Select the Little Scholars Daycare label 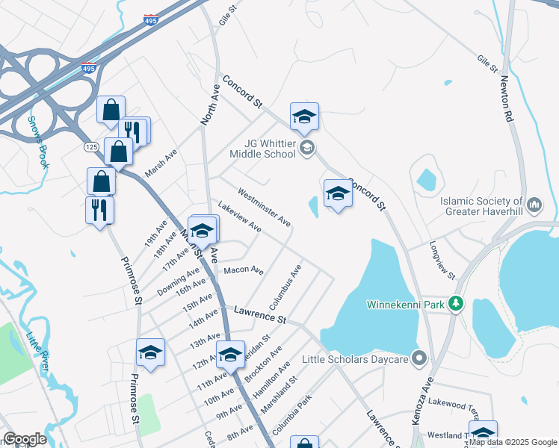(x=356, y=359)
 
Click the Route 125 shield (x=91, y=148)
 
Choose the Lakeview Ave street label (x=239, y=215)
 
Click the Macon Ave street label (x=244, y=270)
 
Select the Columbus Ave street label (x=285, y=288)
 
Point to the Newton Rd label (x=507, y=99)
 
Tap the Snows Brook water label (x=38, y=142)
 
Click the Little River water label (x=37, y=351)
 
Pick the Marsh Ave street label (x=161, y=162)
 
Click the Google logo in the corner (x=25, y=439)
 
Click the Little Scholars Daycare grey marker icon (x=419, y=359)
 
